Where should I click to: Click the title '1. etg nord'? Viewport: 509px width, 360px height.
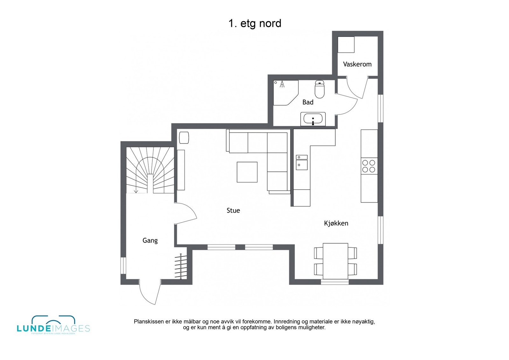click(254, 24)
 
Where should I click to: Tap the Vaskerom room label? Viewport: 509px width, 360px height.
click(357, 64)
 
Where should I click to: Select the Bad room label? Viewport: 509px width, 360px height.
click(308, 102)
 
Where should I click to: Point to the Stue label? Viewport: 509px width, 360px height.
click(233, 211)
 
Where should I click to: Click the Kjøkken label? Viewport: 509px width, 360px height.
click(336, 223)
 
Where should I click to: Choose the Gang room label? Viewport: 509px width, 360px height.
click(150, 240)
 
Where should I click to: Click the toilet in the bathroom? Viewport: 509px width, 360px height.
click(319, 89)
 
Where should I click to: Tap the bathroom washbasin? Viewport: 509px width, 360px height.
click(313, 119)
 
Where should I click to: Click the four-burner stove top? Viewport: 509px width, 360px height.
click(369, 166)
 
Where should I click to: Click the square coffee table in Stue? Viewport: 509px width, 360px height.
click(247, 172)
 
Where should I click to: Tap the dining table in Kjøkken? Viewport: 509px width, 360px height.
click(335, 261)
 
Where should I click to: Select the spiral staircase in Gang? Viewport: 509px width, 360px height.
click(150, 170)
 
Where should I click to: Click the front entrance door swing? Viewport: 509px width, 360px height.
click(150, 293)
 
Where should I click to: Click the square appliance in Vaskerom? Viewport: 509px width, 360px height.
click(346, 45)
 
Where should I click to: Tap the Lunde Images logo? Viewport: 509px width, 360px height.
click(53, 325)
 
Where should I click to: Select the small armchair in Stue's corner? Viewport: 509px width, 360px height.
click(184, 138)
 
